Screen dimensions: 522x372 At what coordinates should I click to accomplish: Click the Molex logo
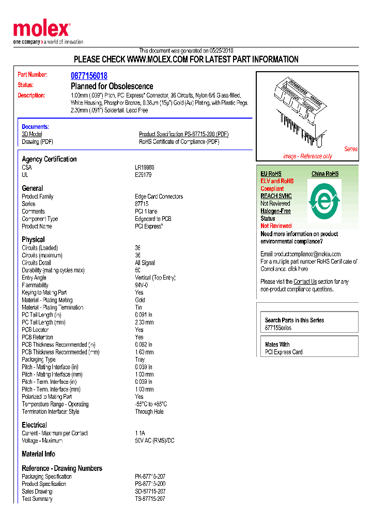(41, 30)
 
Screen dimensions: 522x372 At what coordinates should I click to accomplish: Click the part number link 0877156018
(89, 76)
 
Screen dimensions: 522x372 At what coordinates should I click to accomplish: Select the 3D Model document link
(32, 134)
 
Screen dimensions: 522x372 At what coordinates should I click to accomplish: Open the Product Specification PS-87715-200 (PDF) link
(183, 134)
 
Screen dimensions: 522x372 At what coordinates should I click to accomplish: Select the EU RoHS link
(271, 174)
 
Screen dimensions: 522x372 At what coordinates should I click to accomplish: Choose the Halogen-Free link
(275, 211)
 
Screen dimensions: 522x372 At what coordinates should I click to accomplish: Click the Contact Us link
(305, 282)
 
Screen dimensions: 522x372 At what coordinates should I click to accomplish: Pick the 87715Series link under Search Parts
(278, 328)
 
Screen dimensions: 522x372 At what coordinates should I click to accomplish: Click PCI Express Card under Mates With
(284, 352)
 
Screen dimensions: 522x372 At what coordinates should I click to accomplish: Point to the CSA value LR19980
(145, 168)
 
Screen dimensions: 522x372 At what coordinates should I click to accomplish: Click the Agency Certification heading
(49, 159)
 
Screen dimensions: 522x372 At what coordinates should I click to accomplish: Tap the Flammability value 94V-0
(141, 285)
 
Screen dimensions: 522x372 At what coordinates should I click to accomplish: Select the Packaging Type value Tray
(139, 360)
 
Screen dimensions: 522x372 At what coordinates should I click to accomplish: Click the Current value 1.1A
(140, 433)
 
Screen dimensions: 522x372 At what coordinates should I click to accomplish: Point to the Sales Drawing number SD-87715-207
(150, 492)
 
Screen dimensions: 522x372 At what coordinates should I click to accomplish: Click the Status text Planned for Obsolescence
(112, 86)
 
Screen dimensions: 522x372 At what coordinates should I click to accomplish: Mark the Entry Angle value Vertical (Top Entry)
(155, 278)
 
